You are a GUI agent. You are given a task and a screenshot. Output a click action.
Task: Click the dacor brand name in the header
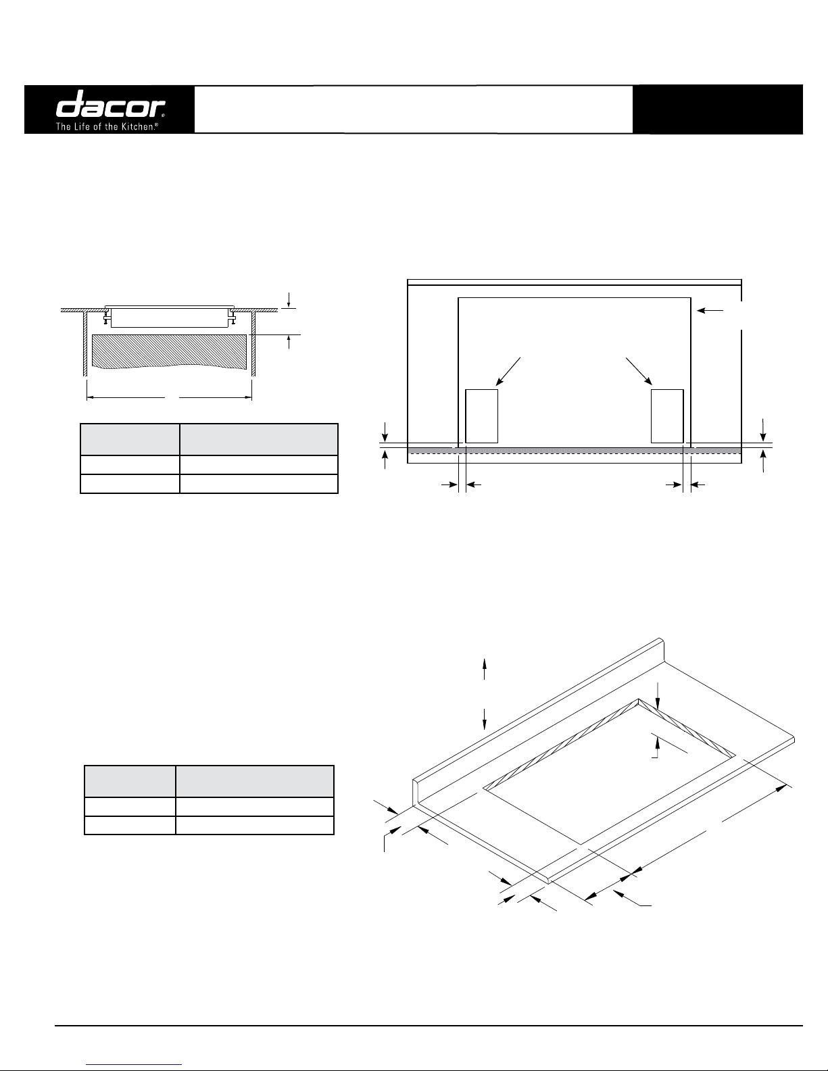pos(110,103)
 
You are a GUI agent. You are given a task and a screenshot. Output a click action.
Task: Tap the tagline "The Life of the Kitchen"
pos(107,126)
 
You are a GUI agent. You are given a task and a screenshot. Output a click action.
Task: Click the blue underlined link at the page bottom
pos(134,1065)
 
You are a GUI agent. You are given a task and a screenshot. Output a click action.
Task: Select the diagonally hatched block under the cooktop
pos(169,351)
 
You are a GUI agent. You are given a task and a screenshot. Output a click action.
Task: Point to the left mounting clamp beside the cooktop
pos(107,316)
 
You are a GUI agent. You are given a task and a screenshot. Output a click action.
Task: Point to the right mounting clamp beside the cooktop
pos(232,316)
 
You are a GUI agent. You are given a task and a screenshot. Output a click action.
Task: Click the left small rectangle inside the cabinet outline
pos(481,416)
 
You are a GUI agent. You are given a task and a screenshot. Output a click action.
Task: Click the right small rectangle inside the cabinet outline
pos(667,416)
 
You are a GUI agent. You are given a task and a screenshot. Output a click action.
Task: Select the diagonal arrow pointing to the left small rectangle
pos(508,371)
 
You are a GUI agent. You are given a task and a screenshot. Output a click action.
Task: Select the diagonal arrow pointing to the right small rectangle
pos(639,371)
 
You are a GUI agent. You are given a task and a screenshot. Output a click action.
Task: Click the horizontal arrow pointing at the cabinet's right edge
pos(710,311)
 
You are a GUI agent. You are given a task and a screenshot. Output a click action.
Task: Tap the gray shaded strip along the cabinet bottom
pos(574,451)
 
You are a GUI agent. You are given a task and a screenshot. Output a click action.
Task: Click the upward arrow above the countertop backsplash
pos(485,668)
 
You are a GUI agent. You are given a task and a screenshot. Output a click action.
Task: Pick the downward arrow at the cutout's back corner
pos(658,697)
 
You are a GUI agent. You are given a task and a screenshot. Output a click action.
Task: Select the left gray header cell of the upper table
pos(130,439)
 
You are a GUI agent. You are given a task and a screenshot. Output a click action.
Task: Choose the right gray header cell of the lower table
pos(255,781)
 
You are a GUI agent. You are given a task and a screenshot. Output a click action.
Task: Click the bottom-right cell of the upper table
pos(259,484)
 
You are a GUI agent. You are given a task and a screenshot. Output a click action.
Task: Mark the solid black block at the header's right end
pos(718,109)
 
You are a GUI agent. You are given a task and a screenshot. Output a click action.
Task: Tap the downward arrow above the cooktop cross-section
pos(289,300)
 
